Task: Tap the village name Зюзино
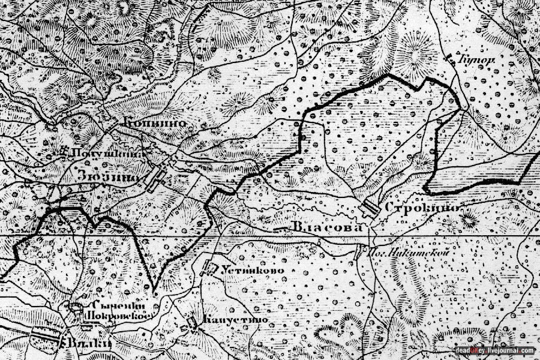tap(109, 177)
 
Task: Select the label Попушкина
tap(108, 152)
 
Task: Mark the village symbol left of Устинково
tap(211, 268)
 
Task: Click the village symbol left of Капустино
tap(193, 323)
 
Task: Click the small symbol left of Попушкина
tap(64, 151)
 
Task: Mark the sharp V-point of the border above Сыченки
tap(154, 291)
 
